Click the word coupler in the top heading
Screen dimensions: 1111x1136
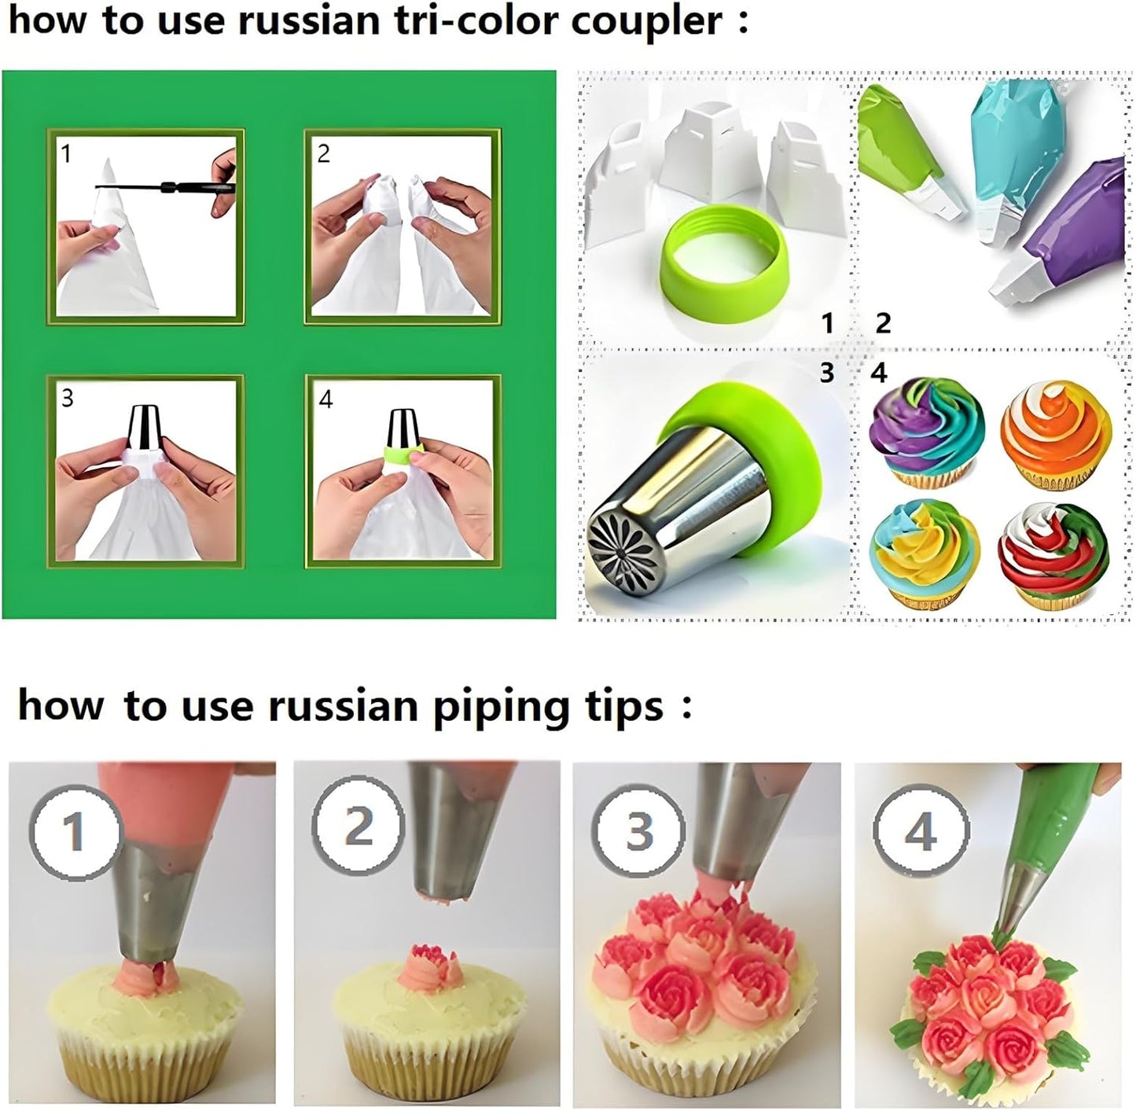(x=645, y=21)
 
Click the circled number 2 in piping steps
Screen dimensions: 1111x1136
(x=358, y=826)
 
